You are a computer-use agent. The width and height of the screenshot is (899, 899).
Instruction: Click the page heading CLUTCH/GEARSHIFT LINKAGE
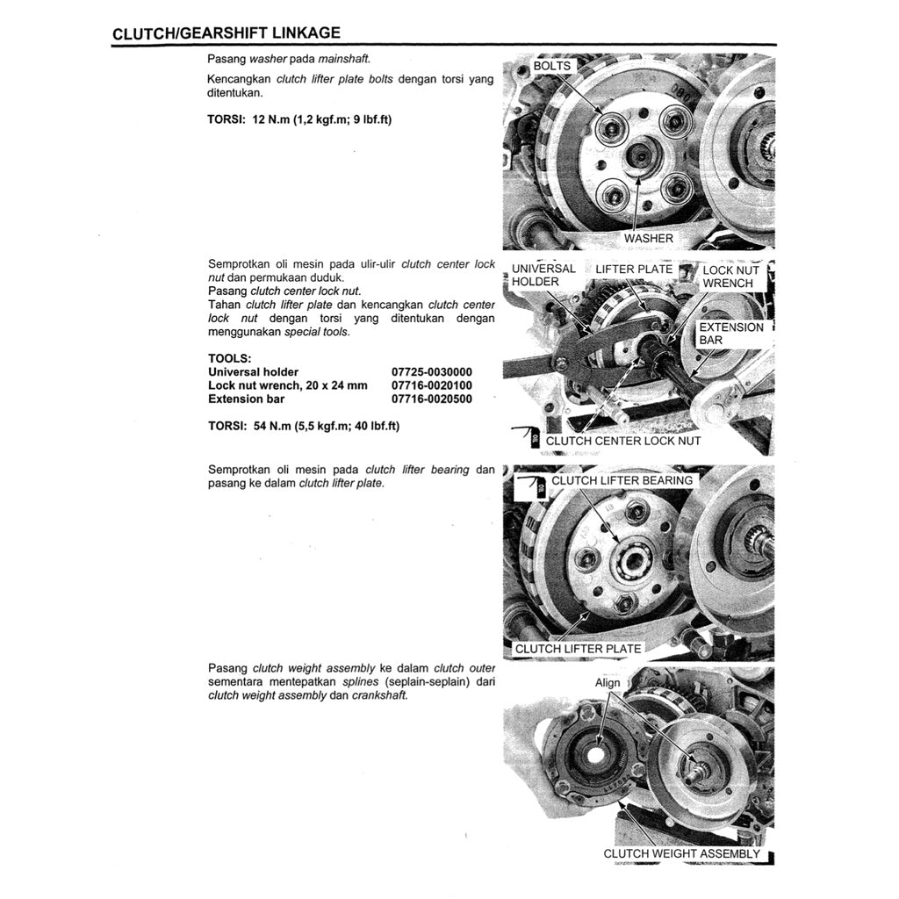[x=227, y=33]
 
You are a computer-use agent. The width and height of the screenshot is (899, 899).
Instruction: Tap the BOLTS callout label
[x=551, y=66]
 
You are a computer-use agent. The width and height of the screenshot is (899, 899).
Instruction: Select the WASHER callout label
[x=648, y=238]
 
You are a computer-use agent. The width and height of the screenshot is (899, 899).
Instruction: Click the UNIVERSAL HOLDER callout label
[x=543, y=275]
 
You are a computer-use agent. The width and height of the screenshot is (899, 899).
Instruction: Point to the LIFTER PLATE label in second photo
[x=634, y=269]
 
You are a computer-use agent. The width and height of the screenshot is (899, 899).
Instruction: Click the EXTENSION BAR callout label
[x=730, y=333]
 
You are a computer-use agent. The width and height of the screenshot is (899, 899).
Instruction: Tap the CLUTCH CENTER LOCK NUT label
[x=622, y=441]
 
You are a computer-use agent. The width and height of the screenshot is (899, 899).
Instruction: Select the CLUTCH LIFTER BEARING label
[x=622, y=480]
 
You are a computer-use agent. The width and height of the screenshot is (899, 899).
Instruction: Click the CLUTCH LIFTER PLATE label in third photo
[x=578, y=649]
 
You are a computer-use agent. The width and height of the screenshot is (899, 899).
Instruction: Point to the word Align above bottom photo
[x=608, y=683]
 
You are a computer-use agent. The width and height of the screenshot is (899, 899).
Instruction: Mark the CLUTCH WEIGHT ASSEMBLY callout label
[x=681, y=853]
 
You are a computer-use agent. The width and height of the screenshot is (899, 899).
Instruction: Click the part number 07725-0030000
[x=431, y=372]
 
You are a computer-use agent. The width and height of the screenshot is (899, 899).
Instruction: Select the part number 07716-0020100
[x=431, y=385]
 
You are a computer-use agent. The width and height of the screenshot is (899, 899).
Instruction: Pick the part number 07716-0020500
[x=431, y=399]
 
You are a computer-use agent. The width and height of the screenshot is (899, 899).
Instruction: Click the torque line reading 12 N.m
[x=299, y=119]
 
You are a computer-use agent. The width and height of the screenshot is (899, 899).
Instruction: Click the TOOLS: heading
[x=229, y=358]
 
